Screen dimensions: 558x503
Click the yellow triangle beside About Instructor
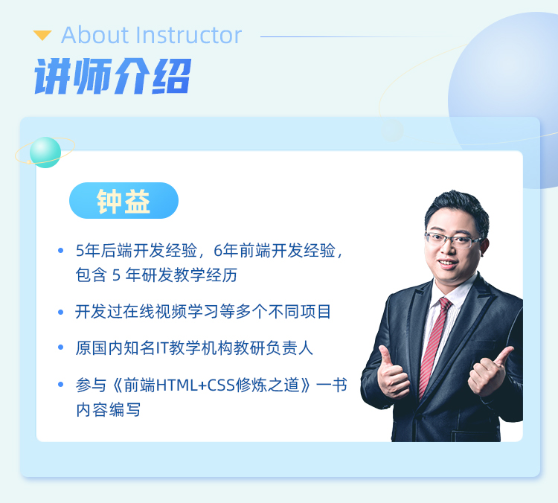point(42,35)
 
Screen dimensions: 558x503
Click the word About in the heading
point(95,35)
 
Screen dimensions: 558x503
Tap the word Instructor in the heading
point(189,35)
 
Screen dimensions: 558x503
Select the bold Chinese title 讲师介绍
point(112,77)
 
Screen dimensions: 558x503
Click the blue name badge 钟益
point(124,200)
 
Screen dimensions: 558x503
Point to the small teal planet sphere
point(45,153)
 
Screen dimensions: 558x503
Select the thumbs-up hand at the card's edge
point(490,372)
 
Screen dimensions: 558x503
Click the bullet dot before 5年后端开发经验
point(60,251)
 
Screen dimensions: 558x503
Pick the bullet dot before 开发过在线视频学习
point(60,313)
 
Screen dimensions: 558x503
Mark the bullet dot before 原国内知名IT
point(60,347)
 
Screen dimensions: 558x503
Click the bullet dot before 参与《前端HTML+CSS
point(60,385)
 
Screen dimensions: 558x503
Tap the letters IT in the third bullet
point(162,347)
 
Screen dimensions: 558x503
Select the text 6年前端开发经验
point(275,251)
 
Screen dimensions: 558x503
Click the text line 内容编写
point(108,409)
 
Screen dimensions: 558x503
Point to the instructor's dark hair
point(458,208)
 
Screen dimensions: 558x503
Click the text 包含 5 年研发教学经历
point(156,275)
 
